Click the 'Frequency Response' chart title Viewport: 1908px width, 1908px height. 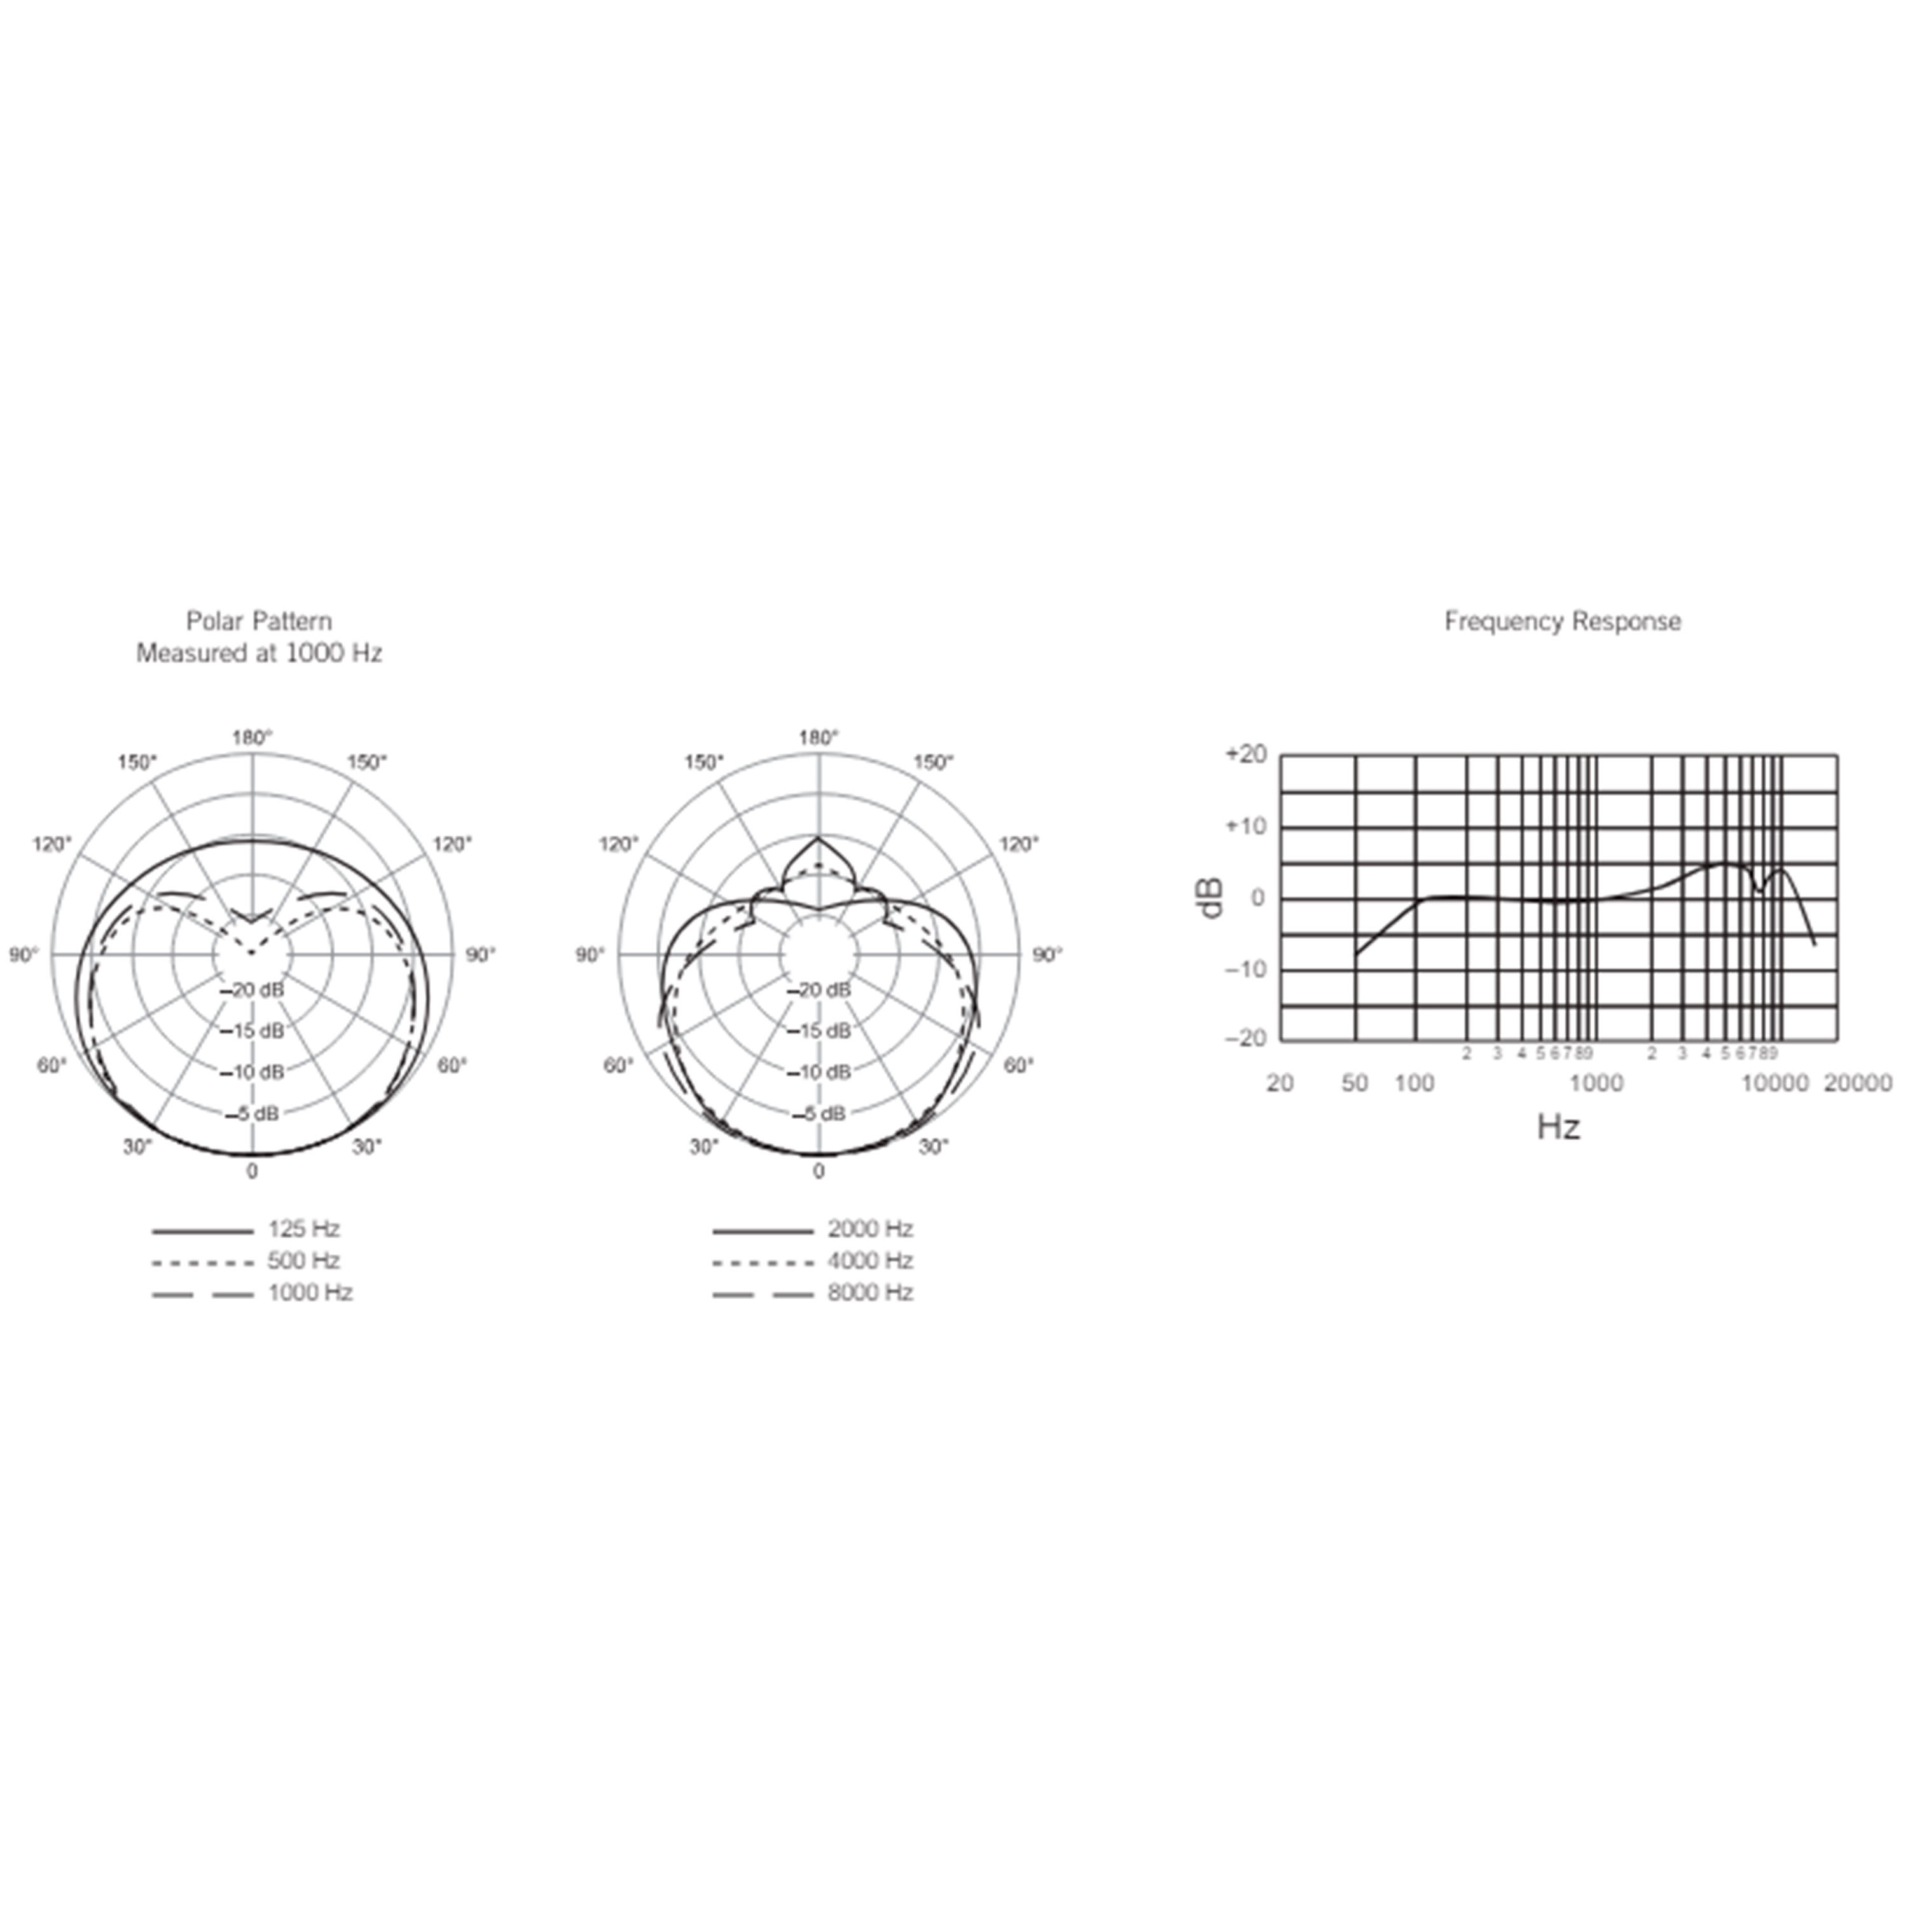click(x=1563, y=621)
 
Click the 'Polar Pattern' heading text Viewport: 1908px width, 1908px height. click(x=259, y=621)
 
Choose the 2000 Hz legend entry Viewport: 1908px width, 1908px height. click(x=813, y=1229)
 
